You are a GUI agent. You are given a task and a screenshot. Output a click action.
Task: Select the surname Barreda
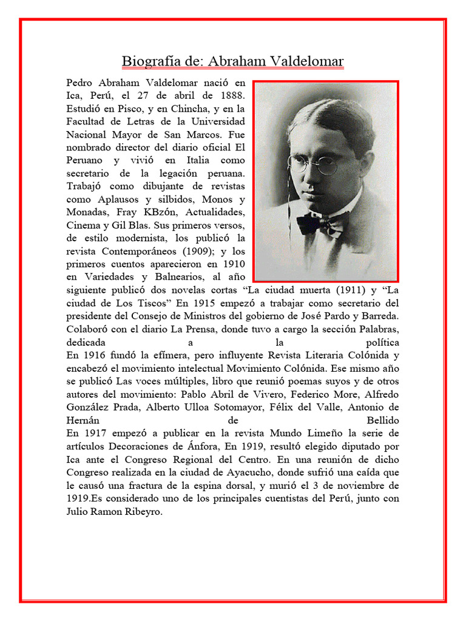tap(379, 315)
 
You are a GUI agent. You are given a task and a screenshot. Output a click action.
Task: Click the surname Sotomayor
tap(229, 406)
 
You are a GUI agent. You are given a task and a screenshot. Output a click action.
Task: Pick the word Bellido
tap(382, 420)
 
